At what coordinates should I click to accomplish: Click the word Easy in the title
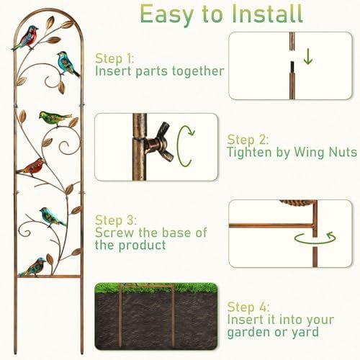pyautogui.click(x=166, y=14)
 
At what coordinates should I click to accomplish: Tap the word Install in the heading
pyautogui.click(x=267, y=13)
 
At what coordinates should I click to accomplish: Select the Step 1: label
pyautogui.click(x=114, y=58)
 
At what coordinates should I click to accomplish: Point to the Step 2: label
pyautogui.click(x=248, y=140)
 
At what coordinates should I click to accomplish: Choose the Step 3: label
pyautogui.click(x=116, y=220)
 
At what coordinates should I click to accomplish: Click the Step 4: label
pyautogui.click(x=248, y=307)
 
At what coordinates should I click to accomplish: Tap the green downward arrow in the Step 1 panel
pyautogui.click(x=307, y=58)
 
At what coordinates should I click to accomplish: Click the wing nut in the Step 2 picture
pyautogui.click(x=160, y=143)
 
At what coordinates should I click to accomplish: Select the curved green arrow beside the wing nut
pyautogui.click(x=185, y=145)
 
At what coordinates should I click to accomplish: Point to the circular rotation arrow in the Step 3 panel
pyautogui.click(x=315, y=238)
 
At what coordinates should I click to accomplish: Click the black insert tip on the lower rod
pyautogui.click(x=292, y=68)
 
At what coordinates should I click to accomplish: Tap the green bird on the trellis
pyautogui.click(x=55, y=118)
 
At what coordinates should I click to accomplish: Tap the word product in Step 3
pyautogui.click(x=142, y=246)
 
